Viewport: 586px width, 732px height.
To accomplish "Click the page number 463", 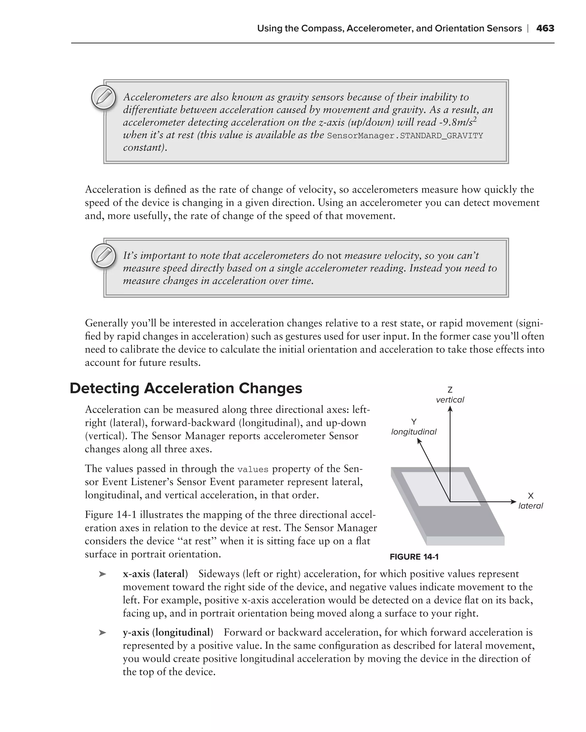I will point(545,28).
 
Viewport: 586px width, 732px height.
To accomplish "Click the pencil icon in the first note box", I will point(104,98).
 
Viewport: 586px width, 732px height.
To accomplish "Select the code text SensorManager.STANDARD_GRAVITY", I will point(405,136).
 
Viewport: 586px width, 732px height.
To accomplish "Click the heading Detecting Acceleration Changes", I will point(186,388).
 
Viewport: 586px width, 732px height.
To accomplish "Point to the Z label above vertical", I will point(450,390).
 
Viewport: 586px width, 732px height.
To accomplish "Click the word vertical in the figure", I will point(450,400).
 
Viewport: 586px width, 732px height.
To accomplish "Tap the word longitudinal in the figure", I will point(414,432).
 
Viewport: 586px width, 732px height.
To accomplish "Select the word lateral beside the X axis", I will point(530,506).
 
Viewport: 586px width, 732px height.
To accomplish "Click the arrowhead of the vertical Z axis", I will point(450,409).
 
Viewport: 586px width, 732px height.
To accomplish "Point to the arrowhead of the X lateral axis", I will point(514,502).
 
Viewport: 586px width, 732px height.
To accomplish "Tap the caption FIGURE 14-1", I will point(414,557).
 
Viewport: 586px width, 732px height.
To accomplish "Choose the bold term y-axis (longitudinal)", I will point(168,632).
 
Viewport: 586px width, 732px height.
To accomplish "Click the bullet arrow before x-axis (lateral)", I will point(102,574).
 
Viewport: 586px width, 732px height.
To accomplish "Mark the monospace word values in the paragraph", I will point(253,470).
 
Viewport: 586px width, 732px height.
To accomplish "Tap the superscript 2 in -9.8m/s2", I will point(475,119).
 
